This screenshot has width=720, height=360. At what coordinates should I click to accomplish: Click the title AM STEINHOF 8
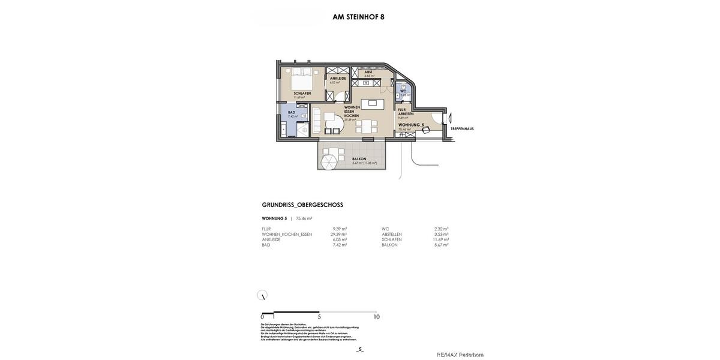[x=358, y=17]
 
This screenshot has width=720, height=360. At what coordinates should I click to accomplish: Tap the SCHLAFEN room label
[x=302, y=94]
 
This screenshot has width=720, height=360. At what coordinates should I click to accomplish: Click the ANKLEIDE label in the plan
[x=337, y=79]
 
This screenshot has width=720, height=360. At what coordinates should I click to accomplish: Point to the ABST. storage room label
[x=368, y=72]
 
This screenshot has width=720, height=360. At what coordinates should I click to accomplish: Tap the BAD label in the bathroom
[x=292, y=112]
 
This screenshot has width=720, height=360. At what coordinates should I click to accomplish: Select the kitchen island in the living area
[x=373, y=103]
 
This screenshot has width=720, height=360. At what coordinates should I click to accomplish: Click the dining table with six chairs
[x=366, y=126]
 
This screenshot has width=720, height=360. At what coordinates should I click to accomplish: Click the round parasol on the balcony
[x=329, y=163]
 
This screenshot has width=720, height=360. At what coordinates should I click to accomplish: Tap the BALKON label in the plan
[x=359, y=159]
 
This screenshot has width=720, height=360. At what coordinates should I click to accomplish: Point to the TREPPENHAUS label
[x=462, y=128]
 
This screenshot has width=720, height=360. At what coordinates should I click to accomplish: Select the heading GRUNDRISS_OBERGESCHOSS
[x=302, y=205]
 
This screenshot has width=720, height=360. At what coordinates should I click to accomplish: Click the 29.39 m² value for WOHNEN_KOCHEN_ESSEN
[x=338, y=234]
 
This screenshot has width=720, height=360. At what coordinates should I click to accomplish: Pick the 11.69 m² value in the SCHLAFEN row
[x=441, y=239]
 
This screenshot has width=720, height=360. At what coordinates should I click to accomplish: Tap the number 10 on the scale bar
[x=376, y=317]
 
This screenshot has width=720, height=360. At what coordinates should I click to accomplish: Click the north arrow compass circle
[x=262, y=295]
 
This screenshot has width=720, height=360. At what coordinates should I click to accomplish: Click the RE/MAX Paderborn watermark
[x=460, y=355]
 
